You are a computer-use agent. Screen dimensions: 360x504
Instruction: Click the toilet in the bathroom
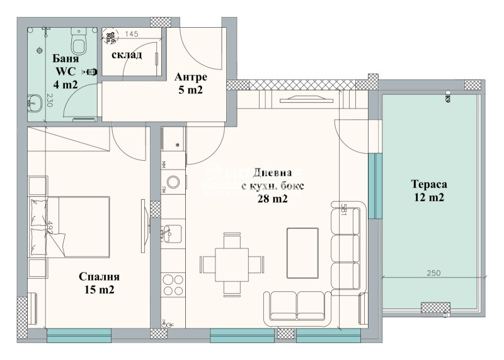point(79,42)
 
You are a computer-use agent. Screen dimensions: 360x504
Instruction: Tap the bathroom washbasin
point(34,100)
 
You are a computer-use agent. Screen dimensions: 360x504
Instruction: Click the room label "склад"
point(127,55)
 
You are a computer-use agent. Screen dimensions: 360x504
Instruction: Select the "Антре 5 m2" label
point(191,83)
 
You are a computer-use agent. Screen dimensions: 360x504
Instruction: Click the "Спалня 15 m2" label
point(99,283)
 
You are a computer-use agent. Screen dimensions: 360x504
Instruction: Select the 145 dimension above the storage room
point(132,34)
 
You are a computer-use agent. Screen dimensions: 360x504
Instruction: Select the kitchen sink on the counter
point(172,233)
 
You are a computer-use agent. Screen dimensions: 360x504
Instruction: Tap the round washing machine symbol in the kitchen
point(173,183)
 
